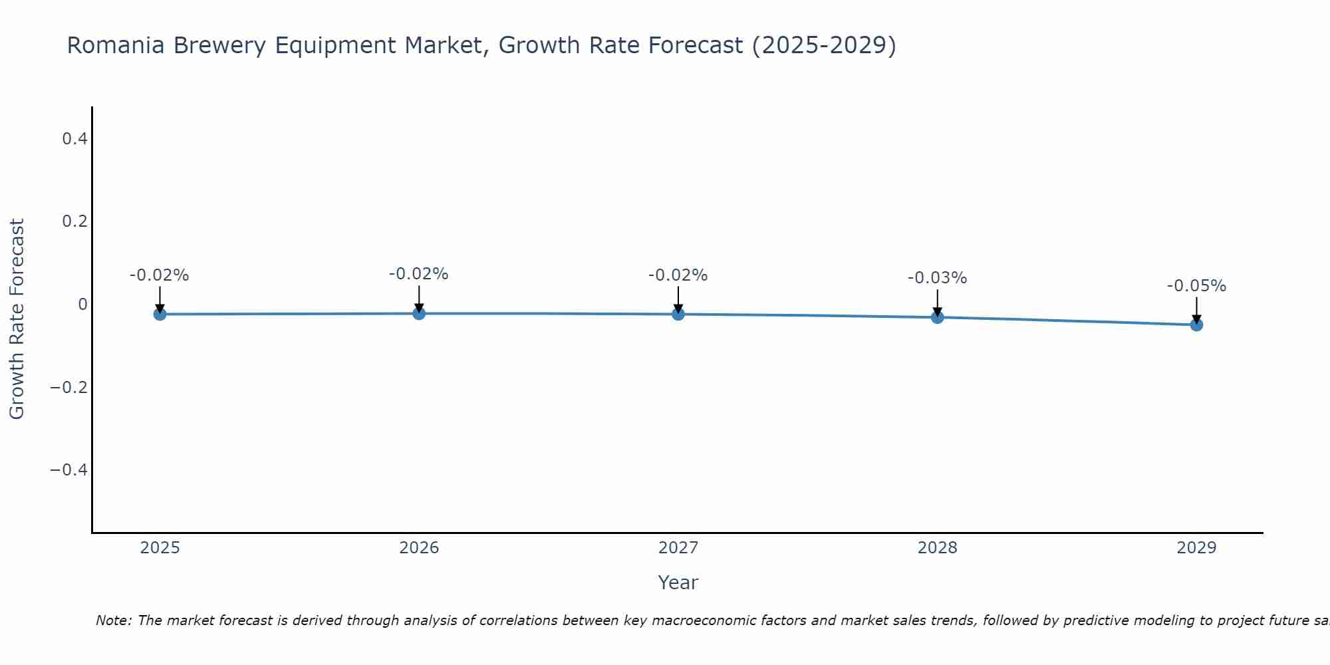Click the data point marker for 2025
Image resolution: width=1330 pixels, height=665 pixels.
[160, 314]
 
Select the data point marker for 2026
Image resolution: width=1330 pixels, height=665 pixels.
[419, 313]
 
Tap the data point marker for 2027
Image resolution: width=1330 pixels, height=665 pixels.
[678, 314]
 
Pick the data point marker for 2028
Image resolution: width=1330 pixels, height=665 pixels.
[938, 317]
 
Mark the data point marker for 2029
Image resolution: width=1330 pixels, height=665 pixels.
[1196, 325]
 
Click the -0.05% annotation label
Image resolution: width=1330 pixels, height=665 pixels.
[1196, 286]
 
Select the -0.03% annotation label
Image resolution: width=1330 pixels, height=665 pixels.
[937, 278]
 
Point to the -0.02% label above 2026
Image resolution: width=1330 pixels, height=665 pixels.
[418, 274]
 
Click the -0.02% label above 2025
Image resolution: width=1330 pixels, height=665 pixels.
[159, 275]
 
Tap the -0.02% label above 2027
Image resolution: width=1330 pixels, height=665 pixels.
[678, 275]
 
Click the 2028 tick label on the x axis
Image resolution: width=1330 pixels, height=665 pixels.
[937, 548]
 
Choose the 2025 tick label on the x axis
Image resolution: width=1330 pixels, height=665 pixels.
[160, 548]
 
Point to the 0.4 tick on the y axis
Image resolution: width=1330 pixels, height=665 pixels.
[74, 139]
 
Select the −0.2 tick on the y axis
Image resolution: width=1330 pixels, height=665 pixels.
[69, 387]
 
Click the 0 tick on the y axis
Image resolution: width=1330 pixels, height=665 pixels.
[82, 305]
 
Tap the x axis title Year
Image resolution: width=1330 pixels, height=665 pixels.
[678, 583]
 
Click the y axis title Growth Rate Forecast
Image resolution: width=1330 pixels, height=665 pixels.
[17, 319]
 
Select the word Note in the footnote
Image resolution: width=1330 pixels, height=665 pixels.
[114, 620]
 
